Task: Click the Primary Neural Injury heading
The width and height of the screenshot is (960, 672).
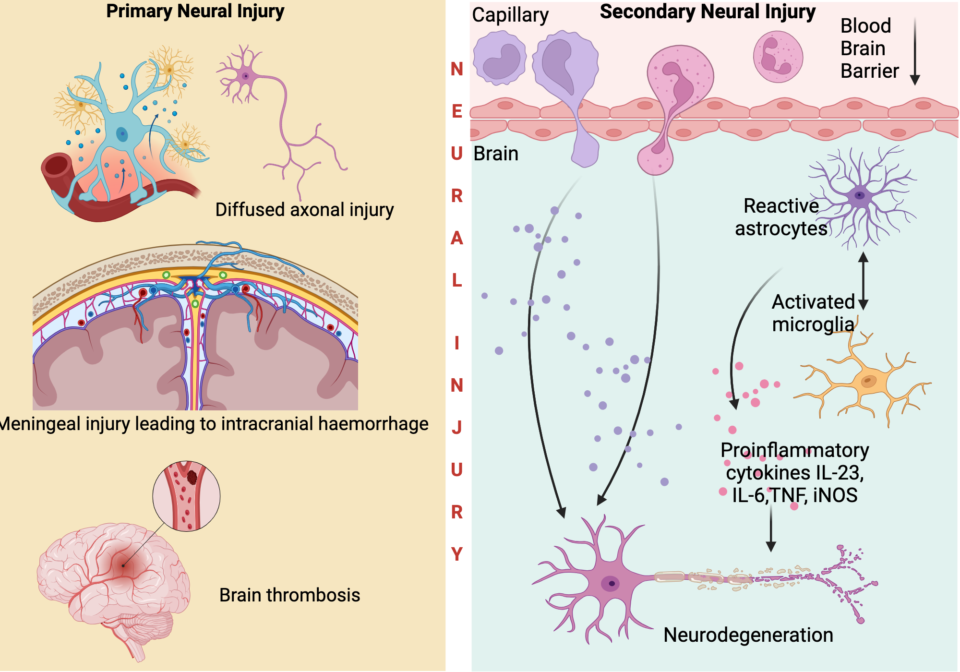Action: [x=195, y=11]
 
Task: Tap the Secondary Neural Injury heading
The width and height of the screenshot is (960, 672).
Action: [x=708, y=12]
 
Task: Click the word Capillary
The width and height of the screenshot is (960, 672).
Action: [x=510, y=15]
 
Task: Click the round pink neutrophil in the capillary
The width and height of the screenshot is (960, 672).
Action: [x=778, y=57]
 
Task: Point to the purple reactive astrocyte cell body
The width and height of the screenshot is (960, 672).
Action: [x=859, y=195]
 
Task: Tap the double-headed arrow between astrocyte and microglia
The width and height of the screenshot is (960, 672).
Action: [x=863, y=281]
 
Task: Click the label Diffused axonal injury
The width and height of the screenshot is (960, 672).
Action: [x=304, y=210]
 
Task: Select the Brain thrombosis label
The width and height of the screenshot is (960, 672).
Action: [x=289, y=595]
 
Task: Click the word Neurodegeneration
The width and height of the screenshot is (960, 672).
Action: [x=748, y=635]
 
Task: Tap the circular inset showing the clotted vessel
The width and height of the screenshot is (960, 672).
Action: [x=186, y=496]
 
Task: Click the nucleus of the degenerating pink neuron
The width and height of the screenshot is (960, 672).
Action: [x=611, y=584]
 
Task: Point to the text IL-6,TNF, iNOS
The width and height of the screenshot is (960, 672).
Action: [x=794, y=495]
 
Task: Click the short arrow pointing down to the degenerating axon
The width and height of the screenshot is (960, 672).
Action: [x=771, y=528]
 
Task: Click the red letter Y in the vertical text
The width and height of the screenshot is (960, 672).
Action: [x=457, y=554]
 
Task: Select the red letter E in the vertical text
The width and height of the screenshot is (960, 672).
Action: [x=457, y=111]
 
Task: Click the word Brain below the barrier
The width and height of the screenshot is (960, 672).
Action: [x=495, y=154]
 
